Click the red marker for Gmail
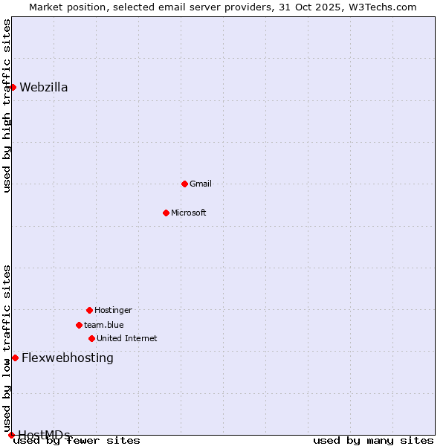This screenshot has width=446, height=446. point(184,184)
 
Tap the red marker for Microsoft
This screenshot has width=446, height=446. point(166,213)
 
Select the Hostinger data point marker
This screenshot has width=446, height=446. point(89,310)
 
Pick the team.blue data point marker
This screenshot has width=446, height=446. point(79,325)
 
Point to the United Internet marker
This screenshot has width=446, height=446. point(91,338)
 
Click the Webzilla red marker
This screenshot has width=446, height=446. point(13,87)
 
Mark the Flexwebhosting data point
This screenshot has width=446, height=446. point(15,358)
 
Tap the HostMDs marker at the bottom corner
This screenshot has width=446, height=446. point(11,435)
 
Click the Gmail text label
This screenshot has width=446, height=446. point(201,184)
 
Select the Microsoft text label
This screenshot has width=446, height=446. point(189,213)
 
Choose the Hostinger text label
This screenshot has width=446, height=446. point(113,310)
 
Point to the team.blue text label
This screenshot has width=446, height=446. point(104,325)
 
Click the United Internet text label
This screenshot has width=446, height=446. point(127,338)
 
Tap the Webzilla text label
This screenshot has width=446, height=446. point(44,87)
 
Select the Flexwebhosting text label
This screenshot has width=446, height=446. point(68,358)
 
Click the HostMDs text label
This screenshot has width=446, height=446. point(44,434)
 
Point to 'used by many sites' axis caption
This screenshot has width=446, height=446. point(373,441)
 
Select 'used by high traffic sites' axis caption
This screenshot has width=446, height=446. point(7,106)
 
